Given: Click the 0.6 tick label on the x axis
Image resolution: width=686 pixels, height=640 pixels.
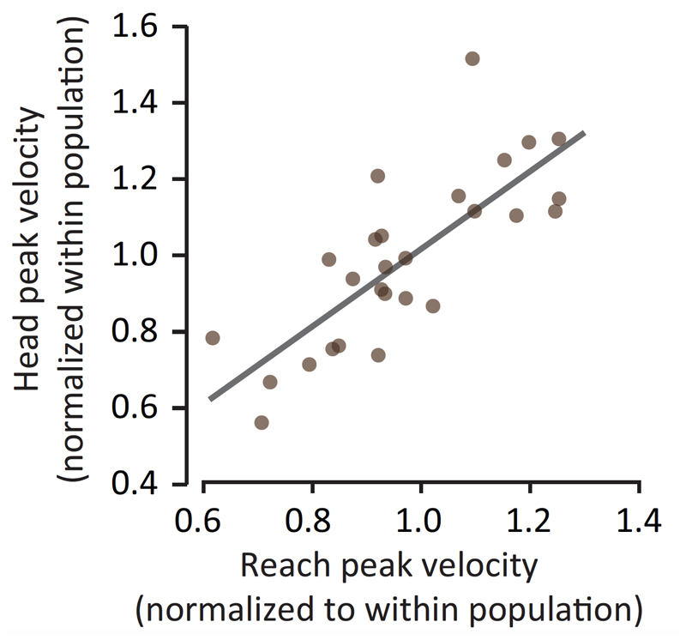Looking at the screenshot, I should [203, 522].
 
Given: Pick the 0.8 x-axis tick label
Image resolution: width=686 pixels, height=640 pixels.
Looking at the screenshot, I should [312, 522].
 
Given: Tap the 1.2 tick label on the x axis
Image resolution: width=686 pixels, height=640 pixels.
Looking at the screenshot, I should [530, 522].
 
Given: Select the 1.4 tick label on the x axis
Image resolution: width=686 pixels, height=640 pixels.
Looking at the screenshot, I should [639, 522].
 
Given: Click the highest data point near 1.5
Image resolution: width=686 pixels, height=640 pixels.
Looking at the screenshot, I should [472, 58].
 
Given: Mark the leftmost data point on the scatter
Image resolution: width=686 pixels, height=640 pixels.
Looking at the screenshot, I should [213, 338].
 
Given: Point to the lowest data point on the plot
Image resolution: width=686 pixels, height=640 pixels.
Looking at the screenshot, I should [262, 423].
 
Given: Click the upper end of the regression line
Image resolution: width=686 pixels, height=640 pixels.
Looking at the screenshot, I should [584, 133].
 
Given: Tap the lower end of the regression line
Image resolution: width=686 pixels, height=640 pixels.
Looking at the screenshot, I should [211, 399].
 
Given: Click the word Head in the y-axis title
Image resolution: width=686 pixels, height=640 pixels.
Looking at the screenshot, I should [33, 355].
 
